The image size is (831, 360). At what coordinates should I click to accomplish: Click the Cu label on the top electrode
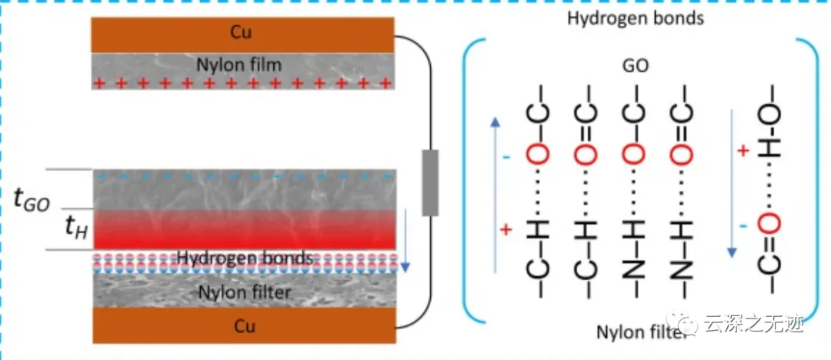[241, 33]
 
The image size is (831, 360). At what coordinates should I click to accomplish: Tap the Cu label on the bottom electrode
[242, 325]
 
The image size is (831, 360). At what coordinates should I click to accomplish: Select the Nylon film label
[241, 65]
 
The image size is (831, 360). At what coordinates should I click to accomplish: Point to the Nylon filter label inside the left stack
[245, 292]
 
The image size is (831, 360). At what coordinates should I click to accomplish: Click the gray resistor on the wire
[430, 182]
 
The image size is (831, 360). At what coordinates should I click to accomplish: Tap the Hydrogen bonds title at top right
[635, 18]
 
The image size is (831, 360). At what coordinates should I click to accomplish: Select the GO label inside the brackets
[636, 66]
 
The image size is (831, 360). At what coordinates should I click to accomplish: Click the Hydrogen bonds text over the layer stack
[245, 258]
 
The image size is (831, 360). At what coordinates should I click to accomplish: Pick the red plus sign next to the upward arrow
[506, 230]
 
